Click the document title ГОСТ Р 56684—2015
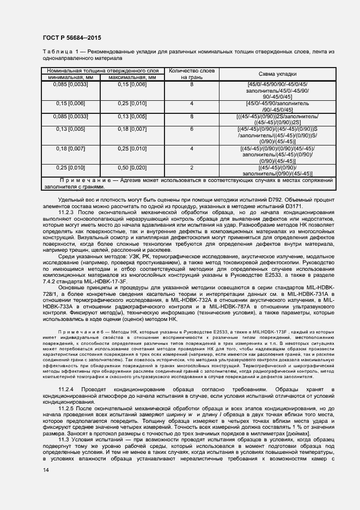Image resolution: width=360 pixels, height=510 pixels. pos(71,37)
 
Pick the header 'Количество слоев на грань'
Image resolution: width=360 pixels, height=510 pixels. pos(191,74)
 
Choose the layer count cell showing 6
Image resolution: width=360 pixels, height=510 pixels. pos(191,129)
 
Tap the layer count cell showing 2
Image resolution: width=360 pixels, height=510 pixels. pos(191,168)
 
